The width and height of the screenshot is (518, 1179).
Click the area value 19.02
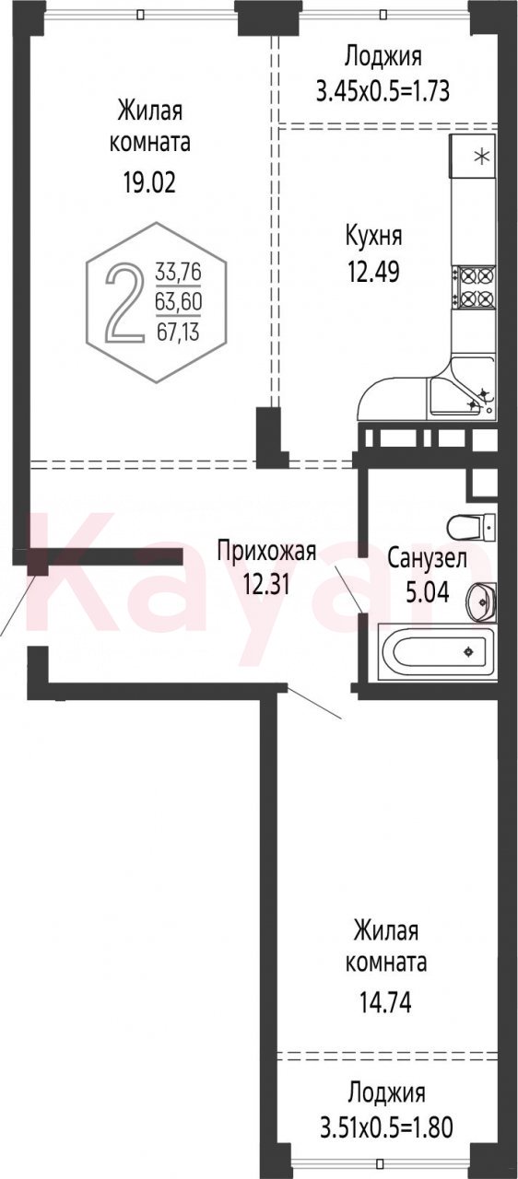(149, 182)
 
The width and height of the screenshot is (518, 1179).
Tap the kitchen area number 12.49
(373, 272)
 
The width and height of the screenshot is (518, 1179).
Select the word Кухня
(374, 237)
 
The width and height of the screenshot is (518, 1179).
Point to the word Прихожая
(267, 552)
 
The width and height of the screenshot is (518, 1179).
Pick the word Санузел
(427, 558)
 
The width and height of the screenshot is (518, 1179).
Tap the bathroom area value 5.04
(427, 592)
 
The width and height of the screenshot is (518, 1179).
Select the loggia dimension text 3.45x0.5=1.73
(383, 91)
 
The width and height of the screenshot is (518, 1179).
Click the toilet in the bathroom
(472, 526)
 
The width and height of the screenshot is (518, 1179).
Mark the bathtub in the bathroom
(440, 652)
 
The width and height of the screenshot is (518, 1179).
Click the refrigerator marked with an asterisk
(473, 156)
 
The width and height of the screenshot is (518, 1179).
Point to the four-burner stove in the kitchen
(477, 287)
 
